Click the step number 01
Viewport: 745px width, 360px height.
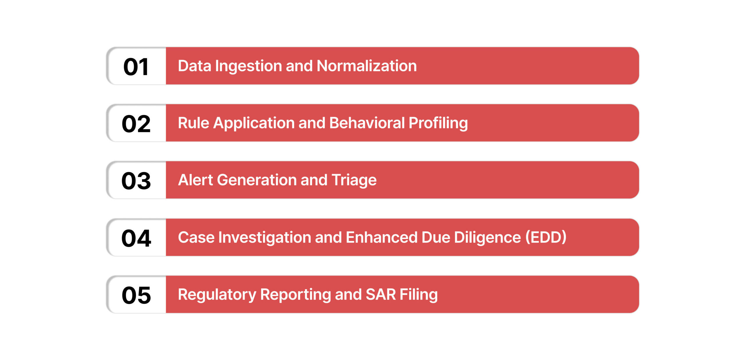pos(136,67)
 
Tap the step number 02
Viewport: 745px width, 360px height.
pos(136,124)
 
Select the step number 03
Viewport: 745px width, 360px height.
pos(136,181)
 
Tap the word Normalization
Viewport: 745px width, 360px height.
pos(367,66)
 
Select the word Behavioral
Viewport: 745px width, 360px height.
pos(367,123)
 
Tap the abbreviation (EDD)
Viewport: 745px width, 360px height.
pos(546,237)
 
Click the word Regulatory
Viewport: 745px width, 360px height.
pos(217,295)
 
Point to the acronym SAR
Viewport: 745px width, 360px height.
pos(381,294)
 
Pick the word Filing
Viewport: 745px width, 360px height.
pos(418,295)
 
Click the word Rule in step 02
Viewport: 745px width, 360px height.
pos(194,123)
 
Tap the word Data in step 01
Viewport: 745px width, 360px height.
pos(194,66)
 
